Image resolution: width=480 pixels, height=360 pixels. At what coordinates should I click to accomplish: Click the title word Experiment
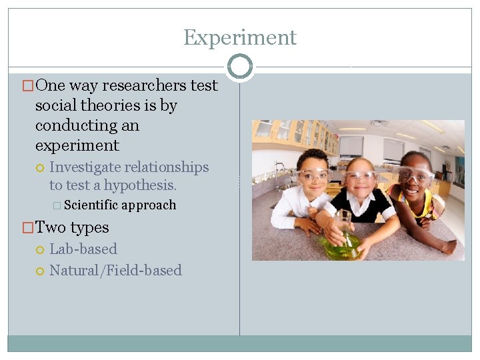tap(240, 37)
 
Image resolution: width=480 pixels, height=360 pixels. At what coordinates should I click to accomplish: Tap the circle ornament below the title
tap(240, 66)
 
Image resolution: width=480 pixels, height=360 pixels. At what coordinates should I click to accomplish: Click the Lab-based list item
tap(83, 249)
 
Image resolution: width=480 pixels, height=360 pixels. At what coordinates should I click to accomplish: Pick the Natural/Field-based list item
tap(115, 270)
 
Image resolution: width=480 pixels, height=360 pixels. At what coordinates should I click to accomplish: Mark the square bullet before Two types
tap(28, 228)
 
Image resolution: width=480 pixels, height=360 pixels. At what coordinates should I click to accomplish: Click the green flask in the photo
tap(343, 244)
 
